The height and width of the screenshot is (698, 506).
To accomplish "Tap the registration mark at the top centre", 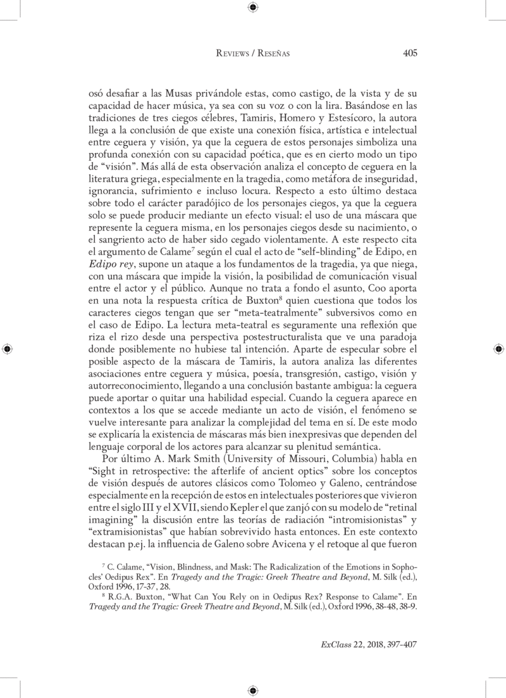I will click(253, 8).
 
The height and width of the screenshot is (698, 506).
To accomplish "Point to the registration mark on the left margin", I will click(7, 349).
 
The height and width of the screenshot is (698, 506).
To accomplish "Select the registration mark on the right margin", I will click(498, 349).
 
